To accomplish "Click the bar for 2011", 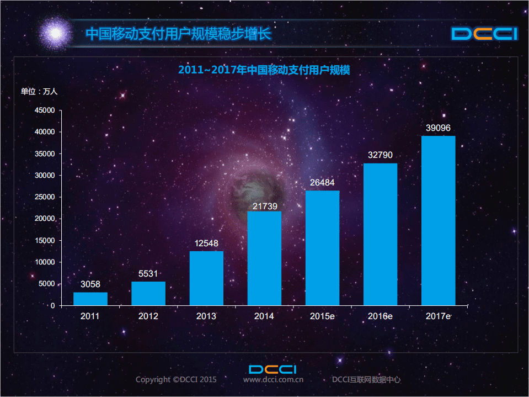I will [x=90, y=299].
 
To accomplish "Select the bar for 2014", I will [x=264, y=258].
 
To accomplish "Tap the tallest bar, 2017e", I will [x=438, y=221].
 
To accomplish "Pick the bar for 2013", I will [x=206, y=278].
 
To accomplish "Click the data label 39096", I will [x=438, y=128].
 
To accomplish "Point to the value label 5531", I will [x=148, y=274].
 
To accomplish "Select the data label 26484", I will [x=322, y=183].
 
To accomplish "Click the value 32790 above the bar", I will [x=380, y=155].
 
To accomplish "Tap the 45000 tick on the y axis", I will [x=45, y=110].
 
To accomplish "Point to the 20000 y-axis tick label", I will [x=45, y=219].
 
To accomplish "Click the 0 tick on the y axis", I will [x=52, y=305].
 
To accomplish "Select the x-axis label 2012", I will [x=148, y=316].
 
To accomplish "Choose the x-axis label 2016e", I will [x=380, y=316].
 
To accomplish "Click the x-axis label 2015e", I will [x=322, y=316].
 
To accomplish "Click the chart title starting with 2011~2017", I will [x=264, y=71].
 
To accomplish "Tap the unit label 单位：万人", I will [x=39, y=92].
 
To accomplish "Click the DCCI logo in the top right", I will [x=484, y=34].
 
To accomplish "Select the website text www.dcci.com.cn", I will [x=273, y=380].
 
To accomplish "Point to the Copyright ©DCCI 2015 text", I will [x=176, y=380].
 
